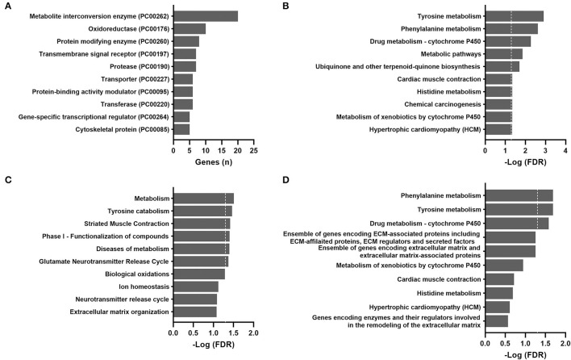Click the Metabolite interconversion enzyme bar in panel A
(x=206, y=16)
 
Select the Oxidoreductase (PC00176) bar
(x=190, y=29)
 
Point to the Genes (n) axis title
(x=214, y=161)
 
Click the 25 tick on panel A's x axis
(x=254, y=149)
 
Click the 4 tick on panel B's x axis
(x=565, y=149)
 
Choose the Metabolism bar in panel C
(x=203, y=198)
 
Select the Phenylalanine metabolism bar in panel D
(x=519, y=195)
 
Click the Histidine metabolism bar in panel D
(x=499, y=293)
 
